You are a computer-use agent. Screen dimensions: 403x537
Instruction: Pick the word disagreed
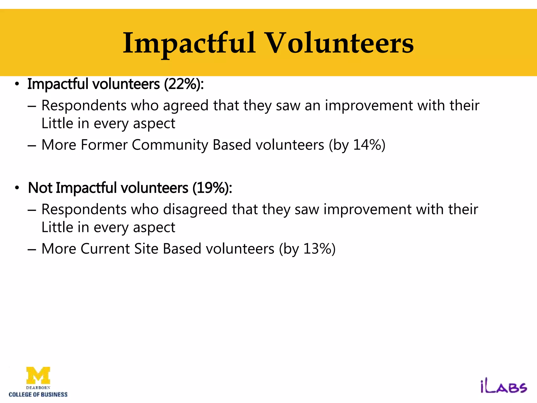pos(195,210)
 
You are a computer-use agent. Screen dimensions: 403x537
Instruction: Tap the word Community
pos(170,145)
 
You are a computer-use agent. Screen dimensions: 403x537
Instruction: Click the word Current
pos(105,249)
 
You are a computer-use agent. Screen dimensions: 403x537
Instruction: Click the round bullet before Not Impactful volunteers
pos(17,188)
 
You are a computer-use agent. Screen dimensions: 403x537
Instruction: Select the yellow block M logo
pos(38,375)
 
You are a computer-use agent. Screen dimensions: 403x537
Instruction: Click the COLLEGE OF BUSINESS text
pos(38,394)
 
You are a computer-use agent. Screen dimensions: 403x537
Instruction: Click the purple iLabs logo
pos(503,387)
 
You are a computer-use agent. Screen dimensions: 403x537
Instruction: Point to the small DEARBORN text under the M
pos(38,388)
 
